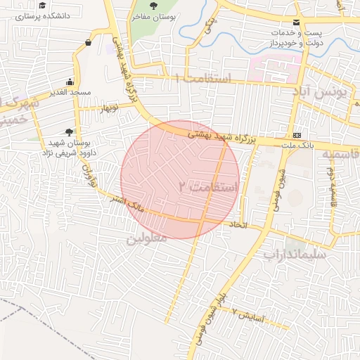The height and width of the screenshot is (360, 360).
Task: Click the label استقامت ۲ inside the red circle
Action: coord(210,187)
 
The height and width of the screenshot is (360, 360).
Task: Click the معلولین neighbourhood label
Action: coord(146,239)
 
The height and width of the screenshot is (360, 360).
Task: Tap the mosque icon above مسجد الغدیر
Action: coord(69,82)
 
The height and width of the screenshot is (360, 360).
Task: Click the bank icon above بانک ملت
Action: coord(297,135)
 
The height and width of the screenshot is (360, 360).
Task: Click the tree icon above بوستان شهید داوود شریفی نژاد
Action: coord(69,131)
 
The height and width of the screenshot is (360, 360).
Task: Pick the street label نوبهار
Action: coord(108,108)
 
